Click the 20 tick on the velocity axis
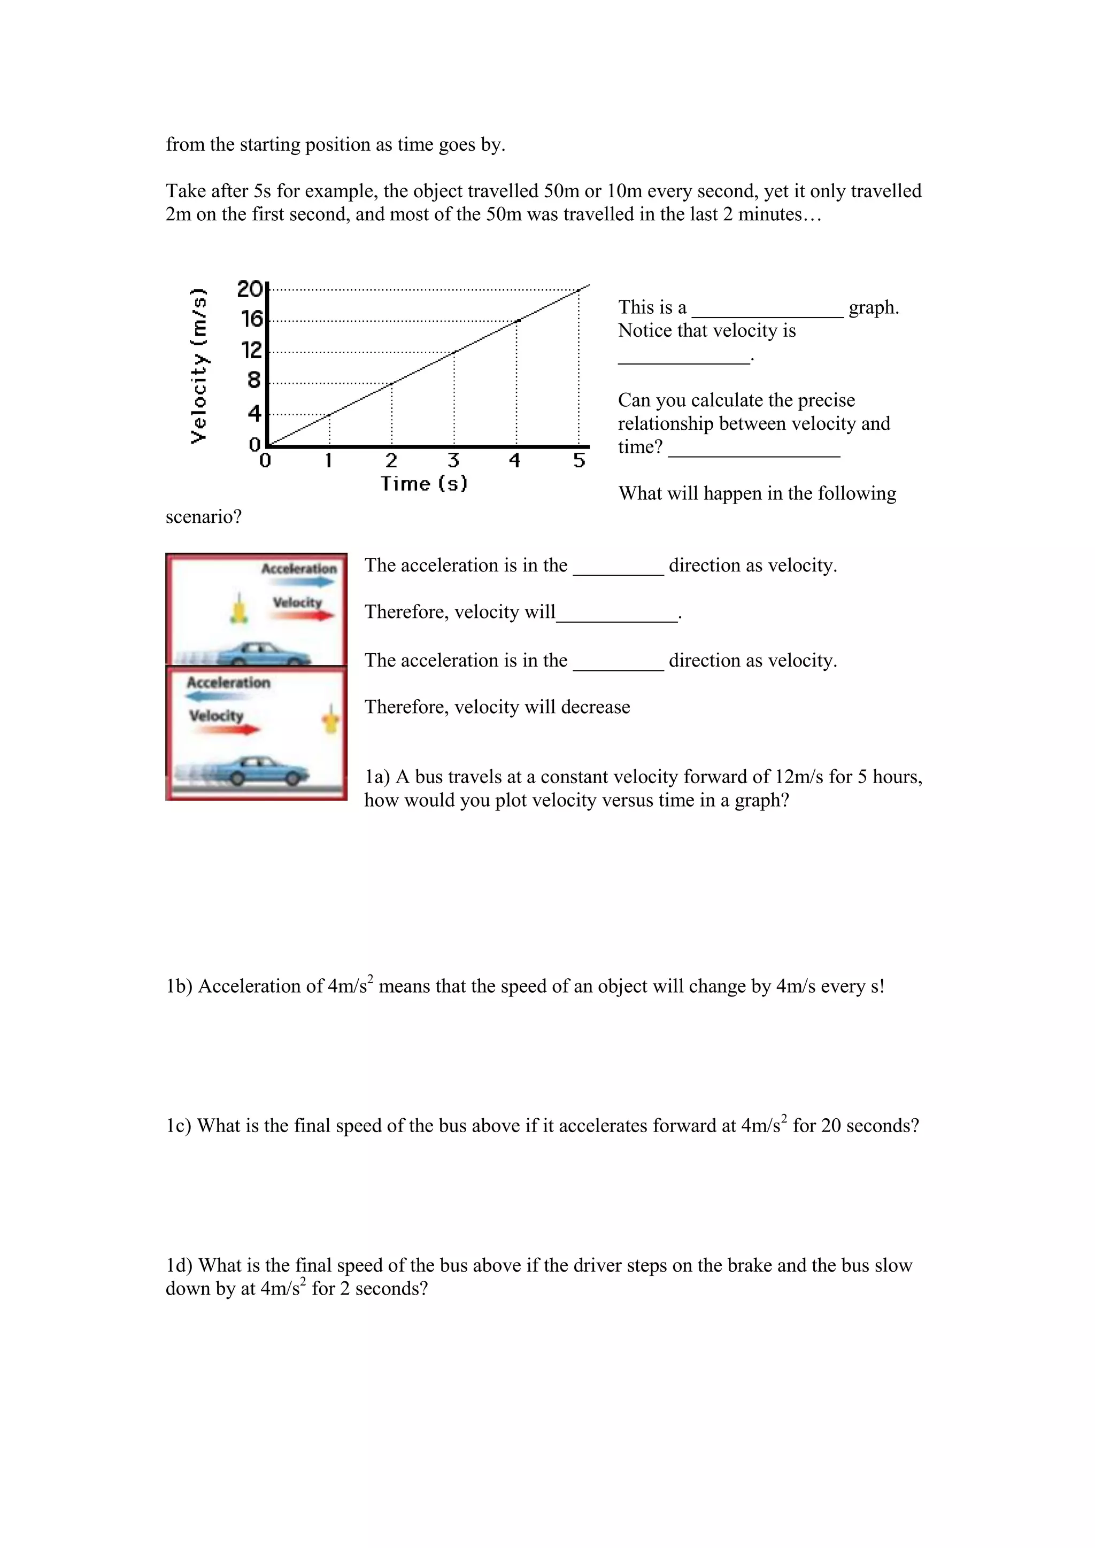pos(250,289)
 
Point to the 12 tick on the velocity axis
pos(251,351)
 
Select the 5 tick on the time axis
pos(579,460)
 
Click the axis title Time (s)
pos(424,483)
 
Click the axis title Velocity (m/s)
pos(198,366)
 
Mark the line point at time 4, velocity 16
pos(516,321)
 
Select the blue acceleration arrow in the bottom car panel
pos(214,696)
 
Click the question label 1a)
pos(377,777)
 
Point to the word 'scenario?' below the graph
pos(204,517)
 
